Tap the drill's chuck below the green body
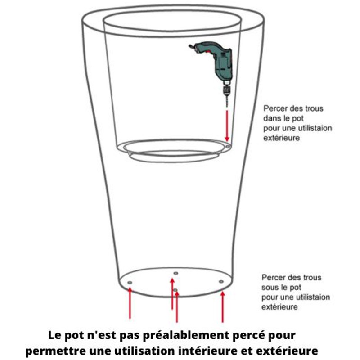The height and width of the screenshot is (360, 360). [x=227, y=91]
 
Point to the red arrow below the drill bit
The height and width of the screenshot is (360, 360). [x=227, y=126]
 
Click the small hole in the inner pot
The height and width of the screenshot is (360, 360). [x=228, y=147]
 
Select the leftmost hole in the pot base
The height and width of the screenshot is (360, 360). [x=130, y=283]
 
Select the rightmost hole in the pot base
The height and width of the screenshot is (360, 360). [x=221, y=282]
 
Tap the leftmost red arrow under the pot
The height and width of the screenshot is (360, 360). [x=130, y=303]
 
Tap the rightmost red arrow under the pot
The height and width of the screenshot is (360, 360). [x=222, y=307]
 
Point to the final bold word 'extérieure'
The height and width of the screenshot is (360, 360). [x=287, y=351]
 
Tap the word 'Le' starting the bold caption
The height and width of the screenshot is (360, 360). [x=54, y=335]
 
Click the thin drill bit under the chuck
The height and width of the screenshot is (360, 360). [x=227, y=102]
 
